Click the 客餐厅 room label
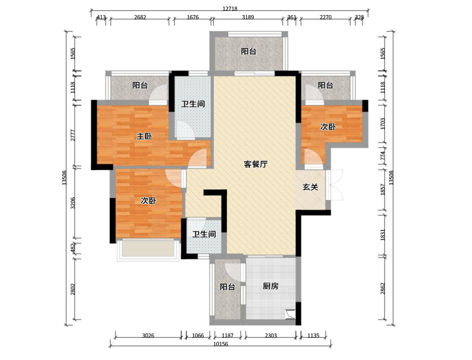[x=255, y=164]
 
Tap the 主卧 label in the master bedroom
[x=144, y=136]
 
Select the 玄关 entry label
[x=310, y=187]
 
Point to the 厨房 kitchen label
[x=271, y=286]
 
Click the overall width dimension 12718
[x=230, y=9]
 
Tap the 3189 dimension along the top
[x=248, y=17]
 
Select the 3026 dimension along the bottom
[x=148, y=335]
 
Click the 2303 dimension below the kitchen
[x=271, y=335]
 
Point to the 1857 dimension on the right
[x=383, y=190]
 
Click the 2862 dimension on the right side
[x=383, y=288]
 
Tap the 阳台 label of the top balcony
[x=249, y=52]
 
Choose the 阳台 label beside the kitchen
[x=227, y=287]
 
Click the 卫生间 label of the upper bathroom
[x=193, y=104]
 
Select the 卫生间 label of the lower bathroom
[x=204, y=234]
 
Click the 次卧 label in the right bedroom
[x=328, y=127]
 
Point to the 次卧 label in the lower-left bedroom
[x=148, y=200]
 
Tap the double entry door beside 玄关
[x=334, y=185]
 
